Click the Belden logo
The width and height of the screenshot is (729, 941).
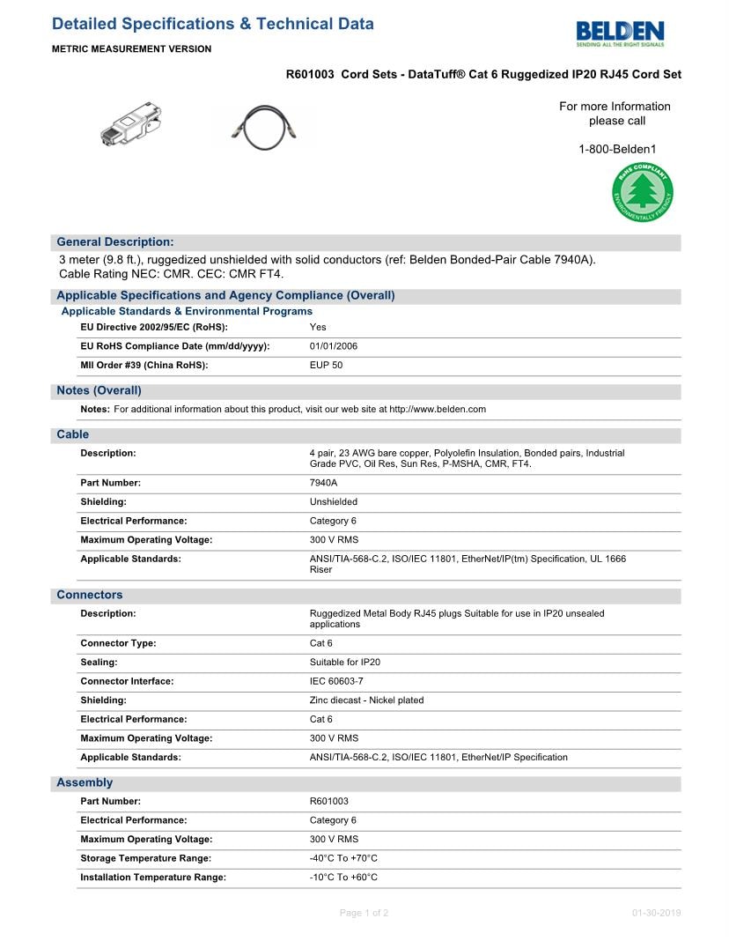pyautogui.click(x=620, y=32)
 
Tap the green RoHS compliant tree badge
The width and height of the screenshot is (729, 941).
pyautogui.click(x=643, y=192)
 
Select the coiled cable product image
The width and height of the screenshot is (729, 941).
pyautogui.click(x=264, y=126)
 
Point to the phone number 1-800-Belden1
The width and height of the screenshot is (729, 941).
pyautogui.click(x=617, y=150)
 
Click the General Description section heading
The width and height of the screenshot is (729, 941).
pyautogui.click(x=115, y=242)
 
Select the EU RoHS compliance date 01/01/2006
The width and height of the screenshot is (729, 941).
pyautogui.click(x=334, y=346)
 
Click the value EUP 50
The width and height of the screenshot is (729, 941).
pyautogui.click(x=326, y=366)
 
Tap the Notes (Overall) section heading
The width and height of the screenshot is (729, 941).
pyautogui.click(x=99, y=390)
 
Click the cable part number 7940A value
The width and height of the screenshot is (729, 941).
pyautogui.click(x=323, y=483)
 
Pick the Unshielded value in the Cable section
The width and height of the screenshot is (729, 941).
pyautogui.click(x=334, y=502)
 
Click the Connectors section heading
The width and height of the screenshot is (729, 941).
pyautogui.click(x=90, y=595)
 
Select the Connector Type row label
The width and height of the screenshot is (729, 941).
pyautogui.click(x=118, y=643)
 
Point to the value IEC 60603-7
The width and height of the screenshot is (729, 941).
pyautogui.click(x=336, y=681)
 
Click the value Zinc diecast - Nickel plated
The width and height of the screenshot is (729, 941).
pyautogui.click(x=366, y=700)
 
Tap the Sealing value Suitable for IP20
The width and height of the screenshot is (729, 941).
pyautogui.click(x=345, y=663)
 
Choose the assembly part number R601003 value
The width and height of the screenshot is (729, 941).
pyautogui.click(x=328, y=802)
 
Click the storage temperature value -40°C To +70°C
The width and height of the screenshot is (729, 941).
pyautogui.click(x=343, y=858)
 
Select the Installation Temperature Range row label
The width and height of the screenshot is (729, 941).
pyautogui.click(x=153, y=878)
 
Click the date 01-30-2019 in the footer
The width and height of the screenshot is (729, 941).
pyautogui.click(x=656, y=913)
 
